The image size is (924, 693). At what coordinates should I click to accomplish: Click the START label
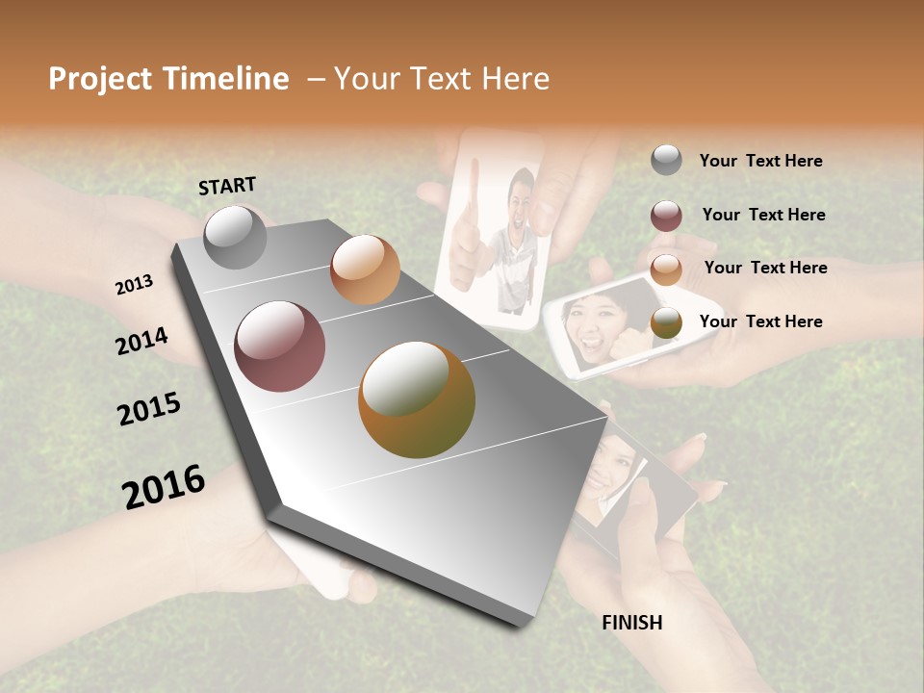[x=227, y=186]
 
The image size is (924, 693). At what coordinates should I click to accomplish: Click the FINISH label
[x=631, y=623]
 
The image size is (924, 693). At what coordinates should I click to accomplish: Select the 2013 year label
[x=135, y=285]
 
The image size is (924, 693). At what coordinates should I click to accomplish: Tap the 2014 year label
[x=141, y=341]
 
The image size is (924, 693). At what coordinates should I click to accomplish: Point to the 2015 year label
[x=149, y=409]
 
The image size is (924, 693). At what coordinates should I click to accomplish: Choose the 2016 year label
[x=164, y=487]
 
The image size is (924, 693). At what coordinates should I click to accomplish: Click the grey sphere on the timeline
[x=236, y=237]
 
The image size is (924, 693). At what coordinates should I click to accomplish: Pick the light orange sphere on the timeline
[x=365, y=269]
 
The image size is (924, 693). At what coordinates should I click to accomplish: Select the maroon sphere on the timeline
[x=280, y=346]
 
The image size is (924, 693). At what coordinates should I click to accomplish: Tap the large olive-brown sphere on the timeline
[x=417, y=399]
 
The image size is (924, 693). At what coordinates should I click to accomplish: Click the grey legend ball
[x=666, y=161]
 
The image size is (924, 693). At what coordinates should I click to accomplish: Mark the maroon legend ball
[x=666, y=216]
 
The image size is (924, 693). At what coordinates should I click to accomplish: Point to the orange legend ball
[x=666, y=269]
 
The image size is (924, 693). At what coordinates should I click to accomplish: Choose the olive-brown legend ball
[x=666, y=323]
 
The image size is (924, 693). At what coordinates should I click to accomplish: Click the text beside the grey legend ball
[x=760, y=161]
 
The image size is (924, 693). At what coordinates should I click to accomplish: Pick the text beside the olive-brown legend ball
[x=760, y=321]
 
